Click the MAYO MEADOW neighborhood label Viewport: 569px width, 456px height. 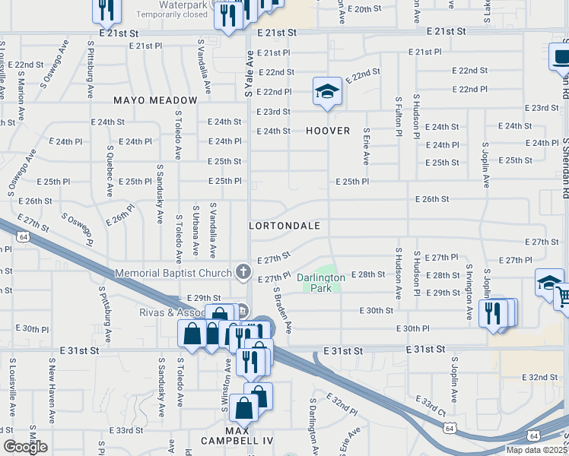[155, 100]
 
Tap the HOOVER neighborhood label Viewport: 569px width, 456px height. [328, 131]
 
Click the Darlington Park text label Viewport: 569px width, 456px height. [320, 283]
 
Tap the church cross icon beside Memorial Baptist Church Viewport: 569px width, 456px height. [243, 271]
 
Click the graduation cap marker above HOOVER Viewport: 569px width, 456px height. [327, 92]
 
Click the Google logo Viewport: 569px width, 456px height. [25, 447]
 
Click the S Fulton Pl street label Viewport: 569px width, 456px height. [398, 116]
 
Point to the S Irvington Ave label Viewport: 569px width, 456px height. [469, 292]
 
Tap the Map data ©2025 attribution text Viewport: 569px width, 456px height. [536, 450]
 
